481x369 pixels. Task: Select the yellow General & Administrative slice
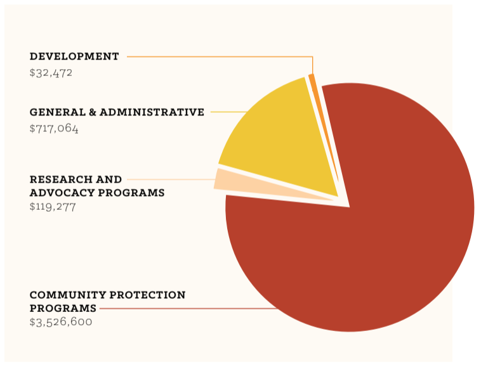279,139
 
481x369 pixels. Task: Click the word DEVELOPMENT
74,56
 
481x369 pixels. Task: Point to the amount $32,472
51,72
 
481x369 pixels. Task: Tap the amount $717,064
54,128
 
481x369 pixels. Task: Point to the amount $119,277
53,207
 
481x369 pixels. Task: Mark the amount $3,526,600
61,322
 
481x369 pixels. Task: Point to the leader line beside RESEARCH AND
171,179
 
